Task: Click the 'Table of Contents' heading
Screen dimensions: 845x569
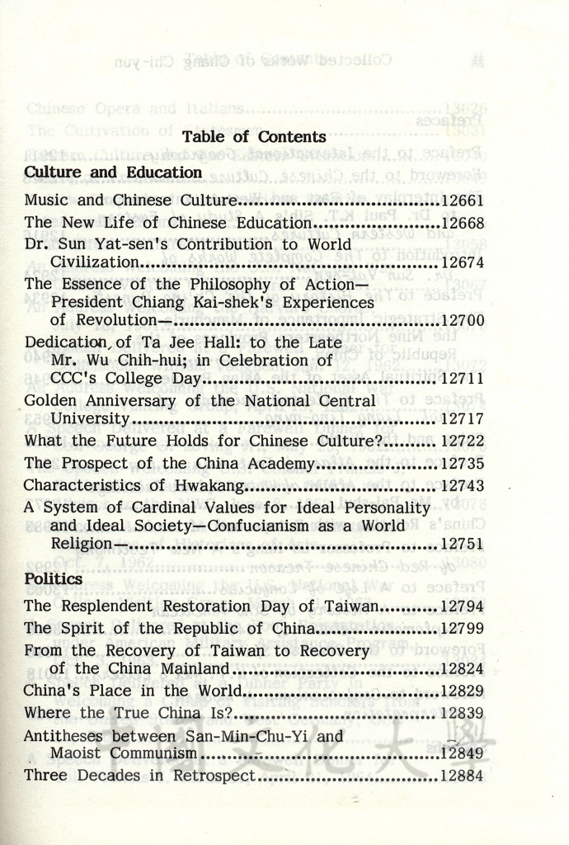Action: tap(254, 137)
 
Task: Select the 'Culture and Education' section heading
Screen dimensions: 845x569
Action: tap(113, 172)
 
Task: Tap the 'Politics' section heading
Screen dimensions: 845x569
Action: tap(53, 579)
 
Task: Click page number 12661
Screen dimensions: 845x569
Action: tap(463, 201)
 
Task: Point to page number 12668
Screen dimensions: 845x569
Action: tap(463, 223)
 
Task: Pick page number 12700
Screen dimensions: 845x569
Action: tap(463, 320)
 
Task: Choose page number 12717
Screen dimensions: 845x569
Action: tap(463, 418)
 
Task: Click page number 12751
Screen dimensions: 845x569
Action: tap(463, 544)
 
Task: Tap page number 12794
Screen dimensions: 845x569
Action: tap(463, 607)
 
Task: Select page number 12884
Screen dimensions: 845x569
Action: tap(463, 776)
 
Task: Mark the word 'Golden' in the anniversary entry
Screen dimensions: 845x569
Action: tap(51, 401)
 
